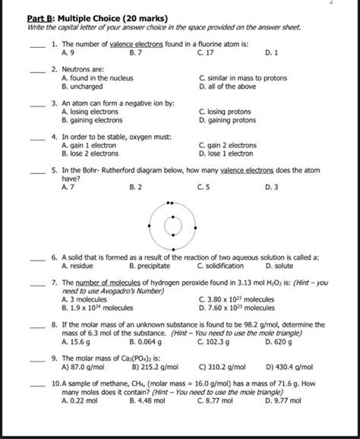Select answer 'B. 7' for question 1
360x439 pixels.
[x=138, y=53]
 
